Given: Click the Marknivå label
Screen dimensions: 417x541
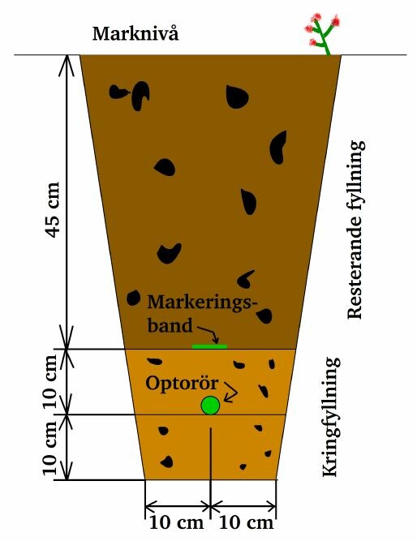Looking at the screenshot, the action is (x=135, y=34).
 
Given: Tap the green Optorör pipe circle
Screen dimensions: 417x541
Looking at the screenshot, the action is (x=210, y=406).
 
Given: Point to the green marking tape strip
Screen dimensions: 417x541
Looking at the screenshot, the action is (x=209, y=346).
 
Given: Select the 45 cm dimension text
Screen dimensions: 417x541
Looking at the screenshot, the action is (x=53, y=209).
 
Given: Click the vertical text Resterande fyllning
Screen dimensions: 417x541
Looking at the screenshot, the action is (x=355, y=229).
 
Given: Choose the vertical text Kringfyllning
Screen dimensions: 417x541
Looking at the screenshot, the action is (x=331, y=417).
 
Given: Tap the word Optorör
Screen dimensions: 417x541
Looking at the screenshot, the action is (x=182, y=383).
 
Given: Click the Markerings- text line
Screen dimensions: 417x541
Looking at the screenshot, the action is (x=203, y=303).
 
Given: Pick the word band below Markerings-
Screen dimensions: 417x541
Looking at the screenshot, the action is (x=170, y=325).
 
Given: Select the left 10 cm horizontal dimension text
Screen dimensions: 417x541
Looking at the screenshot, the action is (x=176, y=523).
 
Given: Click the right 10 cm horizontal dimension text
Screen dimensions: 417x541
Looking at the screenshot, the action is (x=246, y=523).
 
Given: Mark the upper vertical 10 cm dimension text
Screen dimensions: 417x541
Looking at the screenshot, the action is (x=50, y=382).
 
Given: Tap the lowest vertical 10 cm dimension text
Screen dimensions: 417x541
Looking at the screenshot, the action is (x=50, y=448).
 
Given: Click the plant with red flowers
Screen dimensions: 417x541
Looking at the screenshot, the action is (x=323, y=34).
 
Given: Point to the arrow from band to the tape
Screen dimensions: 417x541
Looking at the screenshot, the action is (x=206, y=333).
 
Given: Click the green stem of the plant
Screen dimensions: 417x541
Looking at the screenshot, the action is (x=324, y=38).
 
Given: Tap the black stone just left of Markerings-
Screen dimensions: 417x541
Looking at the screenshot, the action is (x=133, y=298).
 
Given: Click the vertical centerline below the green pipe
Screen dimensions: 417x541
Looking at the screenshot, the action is (x=211, y=453).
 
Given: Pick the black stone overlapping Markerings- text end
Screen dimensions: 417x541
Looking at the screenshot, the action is (x=264, y=316).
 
